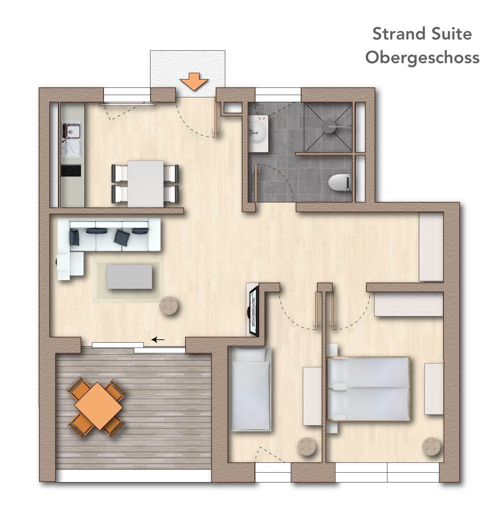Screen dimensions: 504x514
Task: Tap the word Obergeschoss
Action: pos(422,57)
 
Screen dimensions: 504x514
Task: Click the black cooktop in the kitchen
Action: pos(71,171)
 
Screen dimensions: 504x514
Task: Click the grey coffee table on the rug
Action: pos(130,277)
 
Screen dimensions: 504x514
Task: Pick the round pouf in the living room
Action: pos(169,305)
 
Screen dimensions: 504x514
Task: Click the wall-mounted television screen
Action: pos(254,312)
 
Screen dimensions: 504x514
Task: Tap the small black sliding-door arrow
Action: pos(158,340)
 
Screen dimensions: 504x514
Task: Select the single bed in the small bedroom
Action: pos(251,389)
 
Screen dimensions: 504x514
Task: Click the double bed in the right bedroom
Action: pos(368,388)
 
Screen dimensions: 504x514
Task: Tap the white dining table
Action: pos(145,184)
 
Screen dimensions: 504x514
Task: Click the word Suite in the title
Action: pos(450,34)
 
